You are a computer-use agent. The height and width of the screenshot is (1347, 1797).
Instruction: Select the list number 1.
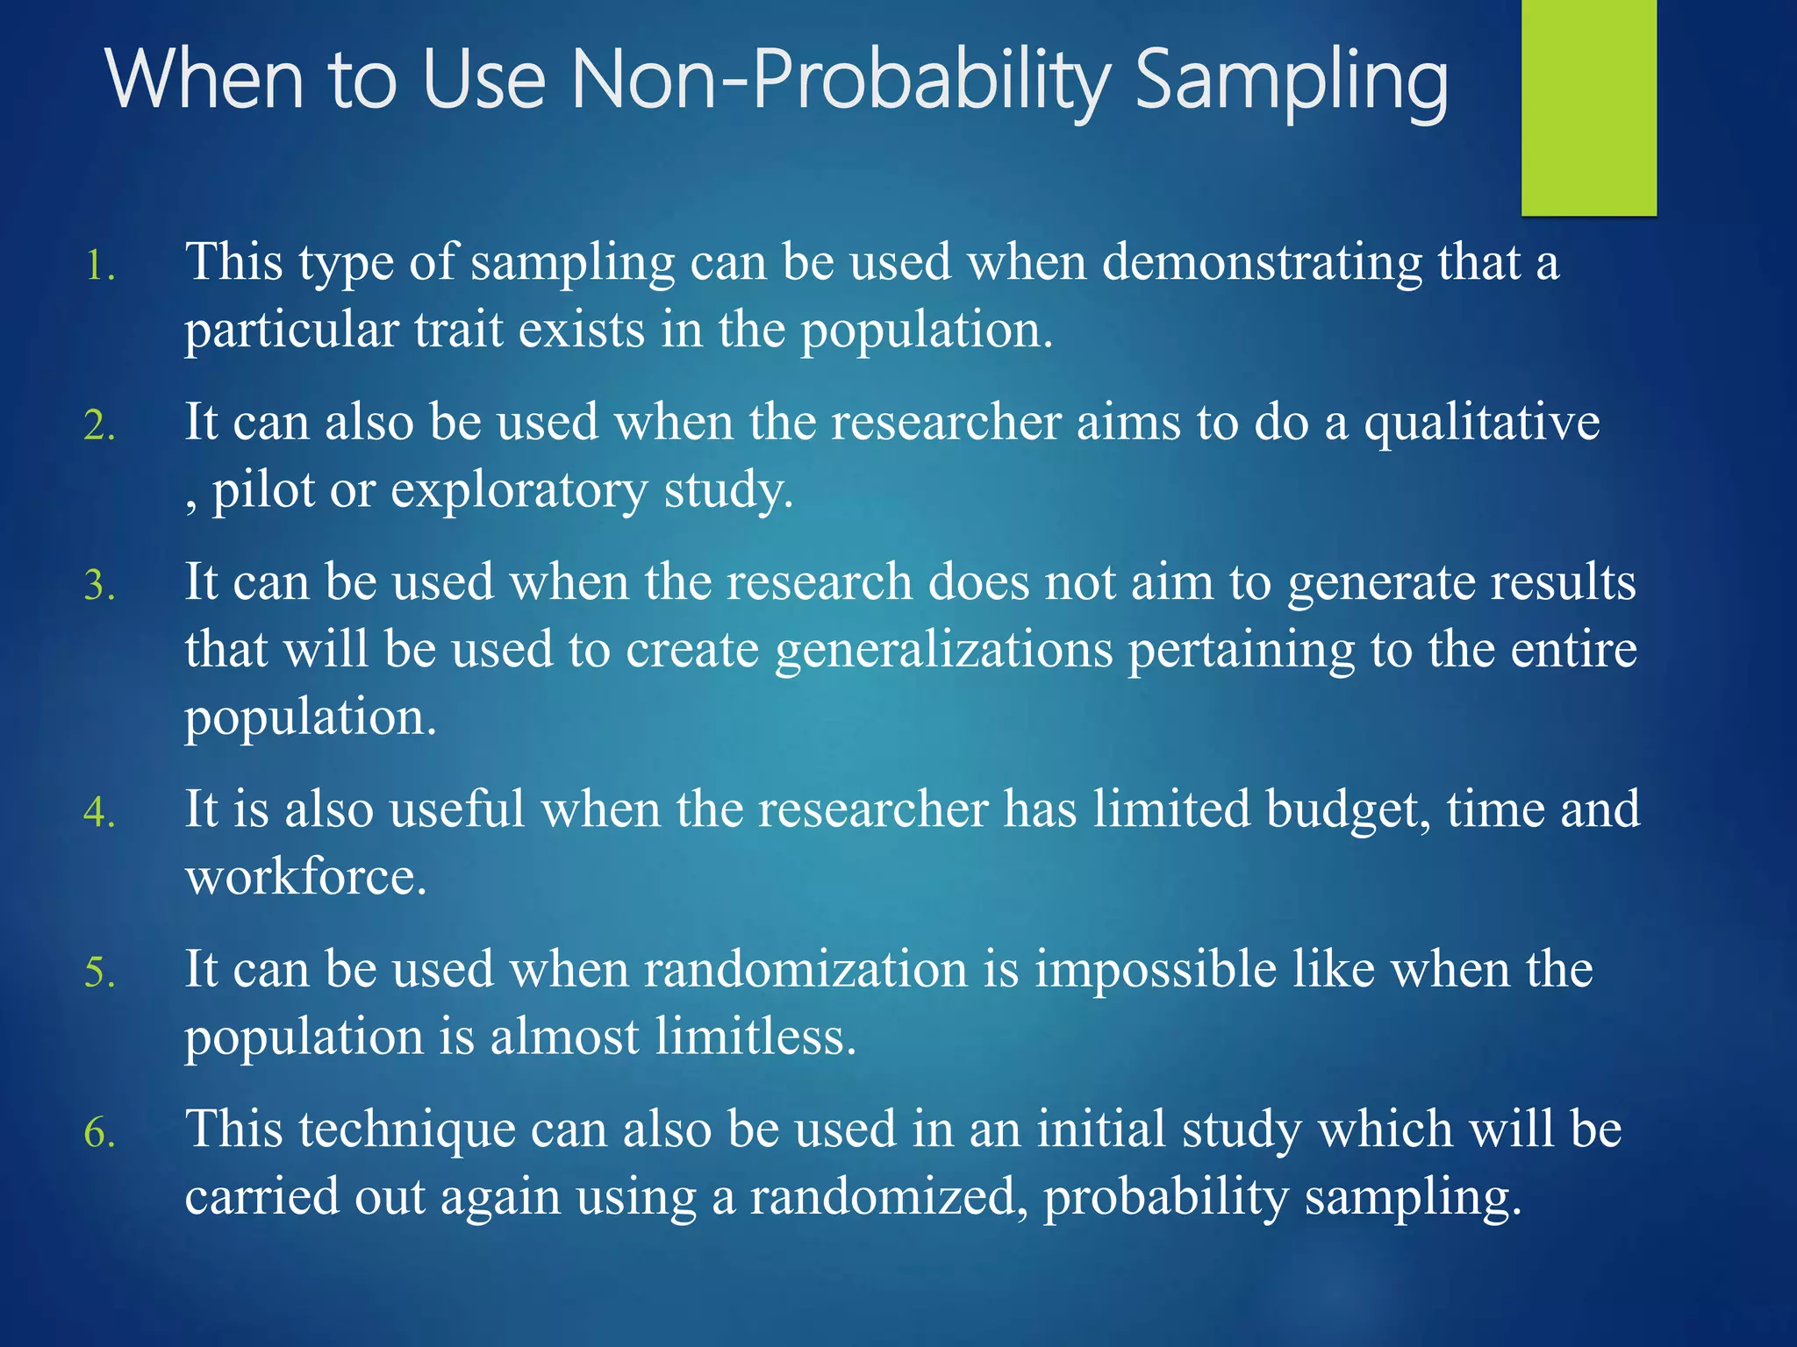coord(99,267)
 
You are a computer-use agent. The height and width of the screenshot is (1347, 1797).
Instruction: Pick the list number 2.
coord(99,426)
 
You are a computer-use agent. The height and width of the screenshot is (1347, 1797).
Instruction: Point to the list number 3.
coord(99,586)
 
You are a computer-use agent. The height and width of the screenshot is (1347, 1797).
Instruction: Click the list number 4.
coord(99,812)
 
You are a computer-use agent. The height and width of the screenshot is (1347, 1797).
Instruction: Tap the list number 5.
coord(99,973)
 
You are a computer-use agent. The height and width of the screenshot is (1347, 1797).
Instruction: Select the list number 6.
coord(99,1133)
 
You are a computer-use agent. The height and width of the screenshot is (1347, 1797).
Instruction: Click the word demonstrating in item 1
coord(1262,263)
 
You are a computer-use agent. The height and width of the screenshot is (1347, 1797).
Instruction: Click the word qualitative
coord(1481,423)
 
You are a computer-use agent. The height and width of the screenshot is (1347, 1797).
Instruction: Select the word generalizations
coord(943,651)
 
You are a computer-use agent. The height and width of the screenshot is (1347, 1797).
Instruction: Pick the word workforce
coord(304,876)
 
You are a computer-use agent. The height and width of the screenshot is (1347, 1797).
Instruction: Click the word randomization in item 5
coord(805,969)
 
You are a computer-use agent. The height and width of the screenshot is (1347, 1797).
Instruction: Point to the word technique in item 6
coord(406,1129)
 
